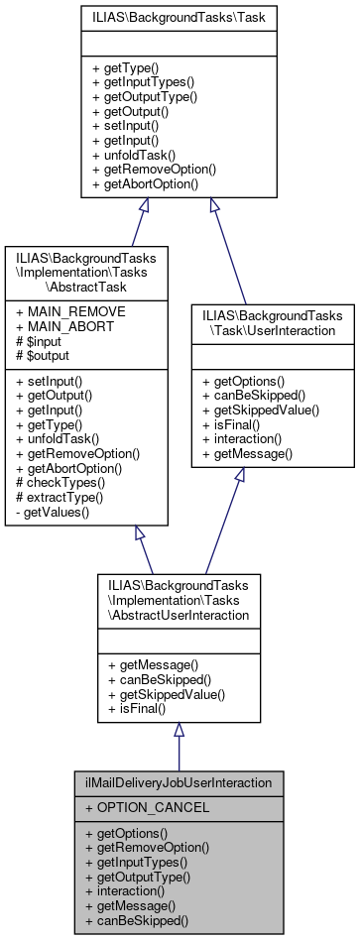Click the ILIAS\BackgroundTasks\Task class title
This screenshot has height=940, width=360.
tap(179, 17)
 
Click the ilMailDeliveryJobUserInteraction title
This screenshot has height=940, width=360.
tap(178, 782)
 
